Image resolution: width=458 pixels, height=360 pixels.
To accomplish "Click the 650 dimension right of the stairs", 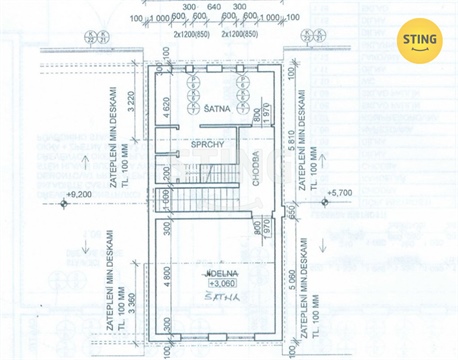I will pyautogui.click(x=288, y=211).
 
